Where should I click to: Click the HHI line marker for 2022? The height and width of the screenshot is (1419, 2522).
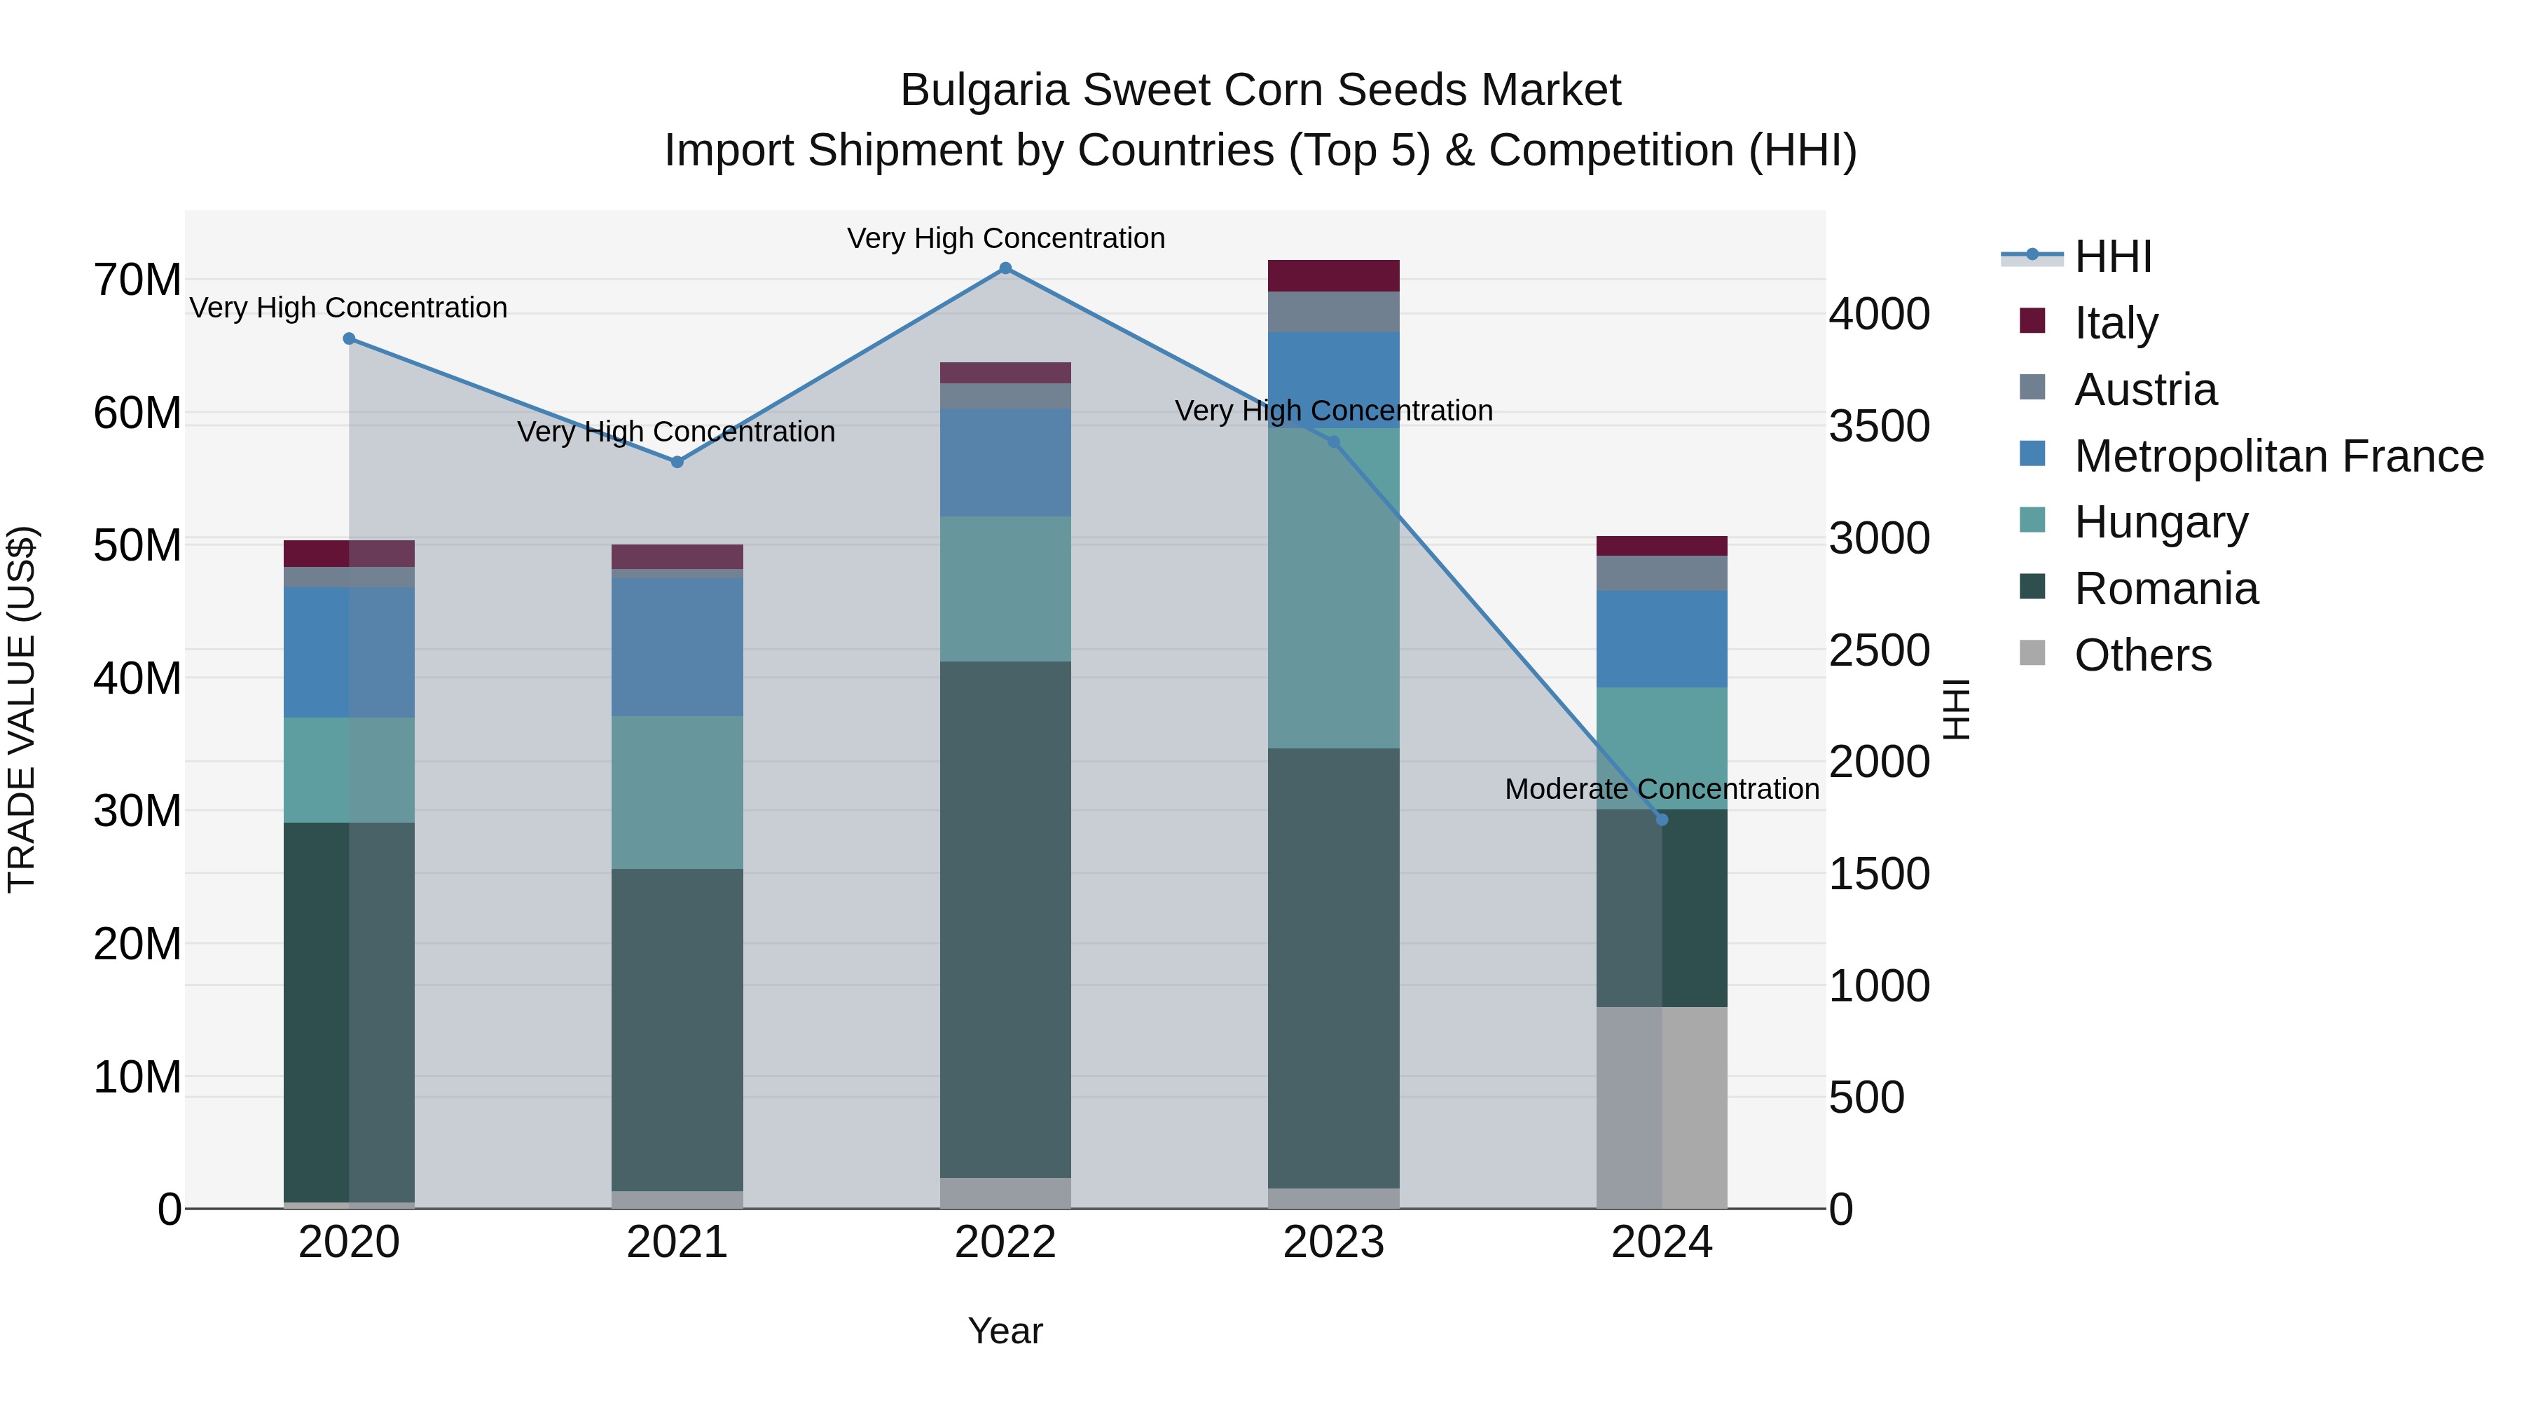pos(1005,268)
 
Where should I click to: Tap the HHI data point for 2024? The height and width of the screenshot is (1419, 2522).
pos(1662,820)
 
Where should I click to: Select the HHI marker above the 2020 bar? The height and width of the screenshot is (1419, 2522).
pos(350,339)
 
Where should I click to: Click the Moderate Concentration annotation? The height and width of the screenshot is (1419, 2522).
pos(1662,788)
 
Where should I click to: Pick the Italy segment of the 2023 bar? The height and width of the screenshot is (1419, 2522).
pos(1333,276)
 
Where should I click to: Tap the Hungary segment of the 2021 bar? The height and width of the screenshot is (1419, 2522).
pos(677,793)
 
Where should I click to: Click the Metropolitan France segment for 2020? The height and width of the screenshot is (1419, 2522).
pos(350,652)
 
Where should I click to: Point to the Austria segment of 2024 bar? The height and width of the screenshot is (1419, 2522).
pos(1662,573)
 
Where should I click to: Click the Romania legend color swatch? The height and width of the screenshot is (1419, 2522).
pos(2032,587)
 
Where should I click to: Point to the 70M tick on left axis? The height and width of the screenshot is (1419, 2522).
pos(137,280)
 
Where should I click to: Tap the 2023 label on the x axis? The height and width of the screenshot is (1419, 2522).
pos(1333,1242)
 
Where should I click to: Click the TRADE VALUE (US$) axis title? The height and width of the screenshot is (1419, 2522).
pos(22,709)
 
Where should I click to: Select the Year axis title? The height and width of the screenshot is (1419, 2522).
pos(1005,1331)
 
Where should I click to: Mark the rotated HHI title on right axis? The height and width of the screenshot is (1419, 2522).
pos(1956,709)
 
